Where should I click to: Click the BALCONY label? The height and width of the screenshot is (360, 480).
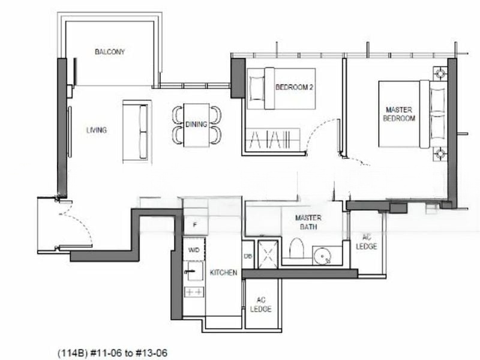[110, 52]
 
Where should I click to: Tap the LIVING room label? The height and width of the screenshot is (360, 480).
[97, 130]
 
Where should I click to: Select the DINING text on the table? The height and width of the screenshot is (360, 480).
[196, 124]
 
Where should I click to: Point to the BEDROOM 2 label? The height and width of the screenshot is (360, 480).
[294, 87]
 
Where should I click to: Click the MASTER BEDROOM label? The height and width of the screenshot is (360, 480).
[399, 114]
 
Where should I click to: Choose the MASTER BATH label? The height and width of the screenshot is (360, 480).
[308, 222]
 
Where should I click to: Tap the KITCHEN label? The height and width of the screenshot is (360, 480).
[223, 272]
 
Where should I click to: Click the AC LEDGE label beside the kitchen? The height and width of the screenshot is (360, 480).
[261, 305]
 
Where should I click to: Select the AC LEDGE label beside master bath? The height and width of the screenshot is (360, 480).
[367, 242]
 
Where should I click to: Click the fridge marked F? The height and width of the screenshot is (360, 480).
[195, 224]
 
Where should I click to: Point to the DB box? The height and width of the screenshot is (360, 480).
[248, 256]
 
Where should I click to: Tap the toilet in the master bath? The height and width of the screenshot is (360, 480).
[296, 248]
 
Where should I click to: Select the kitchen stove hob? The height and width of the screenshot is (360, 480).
[194, 292]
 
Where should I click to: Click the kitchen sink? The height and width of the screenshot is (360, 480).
[194, 271]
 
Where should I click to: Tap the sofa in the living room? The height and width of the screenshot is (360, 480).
[137, 131]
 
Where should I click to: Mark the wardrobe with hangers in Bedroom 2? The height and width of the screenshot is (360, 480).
[273, 139]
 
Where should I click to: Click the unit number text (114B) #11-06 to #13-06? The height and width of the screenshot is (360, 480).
[113, 353]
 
